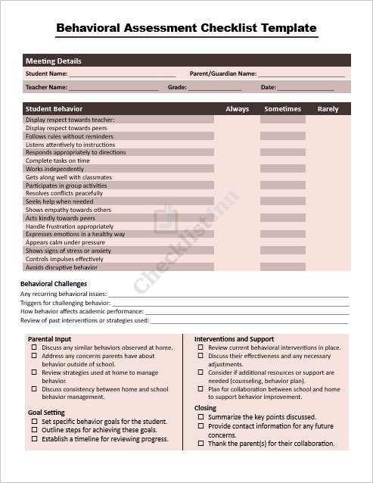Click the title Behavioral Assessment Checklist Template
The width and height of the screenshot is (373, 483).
pyautogui.click(x=186, y=28)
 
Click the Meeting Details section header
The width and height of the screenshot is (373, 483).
pyautogui.click(x=54, y=61)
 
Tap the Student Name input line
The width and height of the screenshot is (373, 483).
pyautogui.click(x=123, y=75)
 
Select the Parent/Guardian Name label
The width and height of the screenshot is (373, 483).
pyautogui.click(x=222, y=74)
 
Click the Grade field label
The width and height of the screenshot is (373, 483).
pyautogui.click(x=177, y=88)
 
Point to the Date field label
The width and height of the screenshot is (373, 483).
pyautogui.click(x=269, y=88)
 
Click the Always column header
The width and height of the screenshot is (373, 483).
pyautogui.click(x=237, y=109)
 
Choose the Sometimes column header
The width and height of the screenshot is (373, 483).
pyautogui.click(x=282, y=109)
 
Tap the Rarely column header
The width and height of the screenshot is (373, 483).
pyautogui.click(x=328, y=109)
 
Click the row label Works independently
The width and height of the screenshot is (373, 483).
pyautogui.click(x=54, y=169)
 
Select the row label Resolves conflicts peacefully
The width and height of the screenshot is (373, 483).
pyautogui.click(x=64, y=194)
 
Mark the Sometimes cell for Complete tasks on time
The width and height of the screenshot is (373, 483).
pyautogui.click(x=282, y=160)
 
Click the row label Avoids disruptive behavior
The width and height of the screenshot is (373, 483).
pyautogui.click(x=61, y=267)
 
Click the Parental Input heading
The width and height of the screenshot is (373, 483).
pyautogui.click(x=49, y=338)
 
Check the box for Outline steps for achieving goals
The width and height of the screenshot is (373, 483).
pyautogui.click(x=34, y=430)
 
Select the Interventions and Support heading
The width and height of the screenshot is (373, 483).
pyautogui.click(x=234, y=338)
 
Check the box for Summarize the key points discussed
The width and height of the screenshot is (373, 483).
pyautogui.click(x=200, y=417)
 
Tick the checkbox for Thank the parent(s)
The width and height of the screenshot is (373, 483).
pyautogui.click(x=200, y=444)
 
